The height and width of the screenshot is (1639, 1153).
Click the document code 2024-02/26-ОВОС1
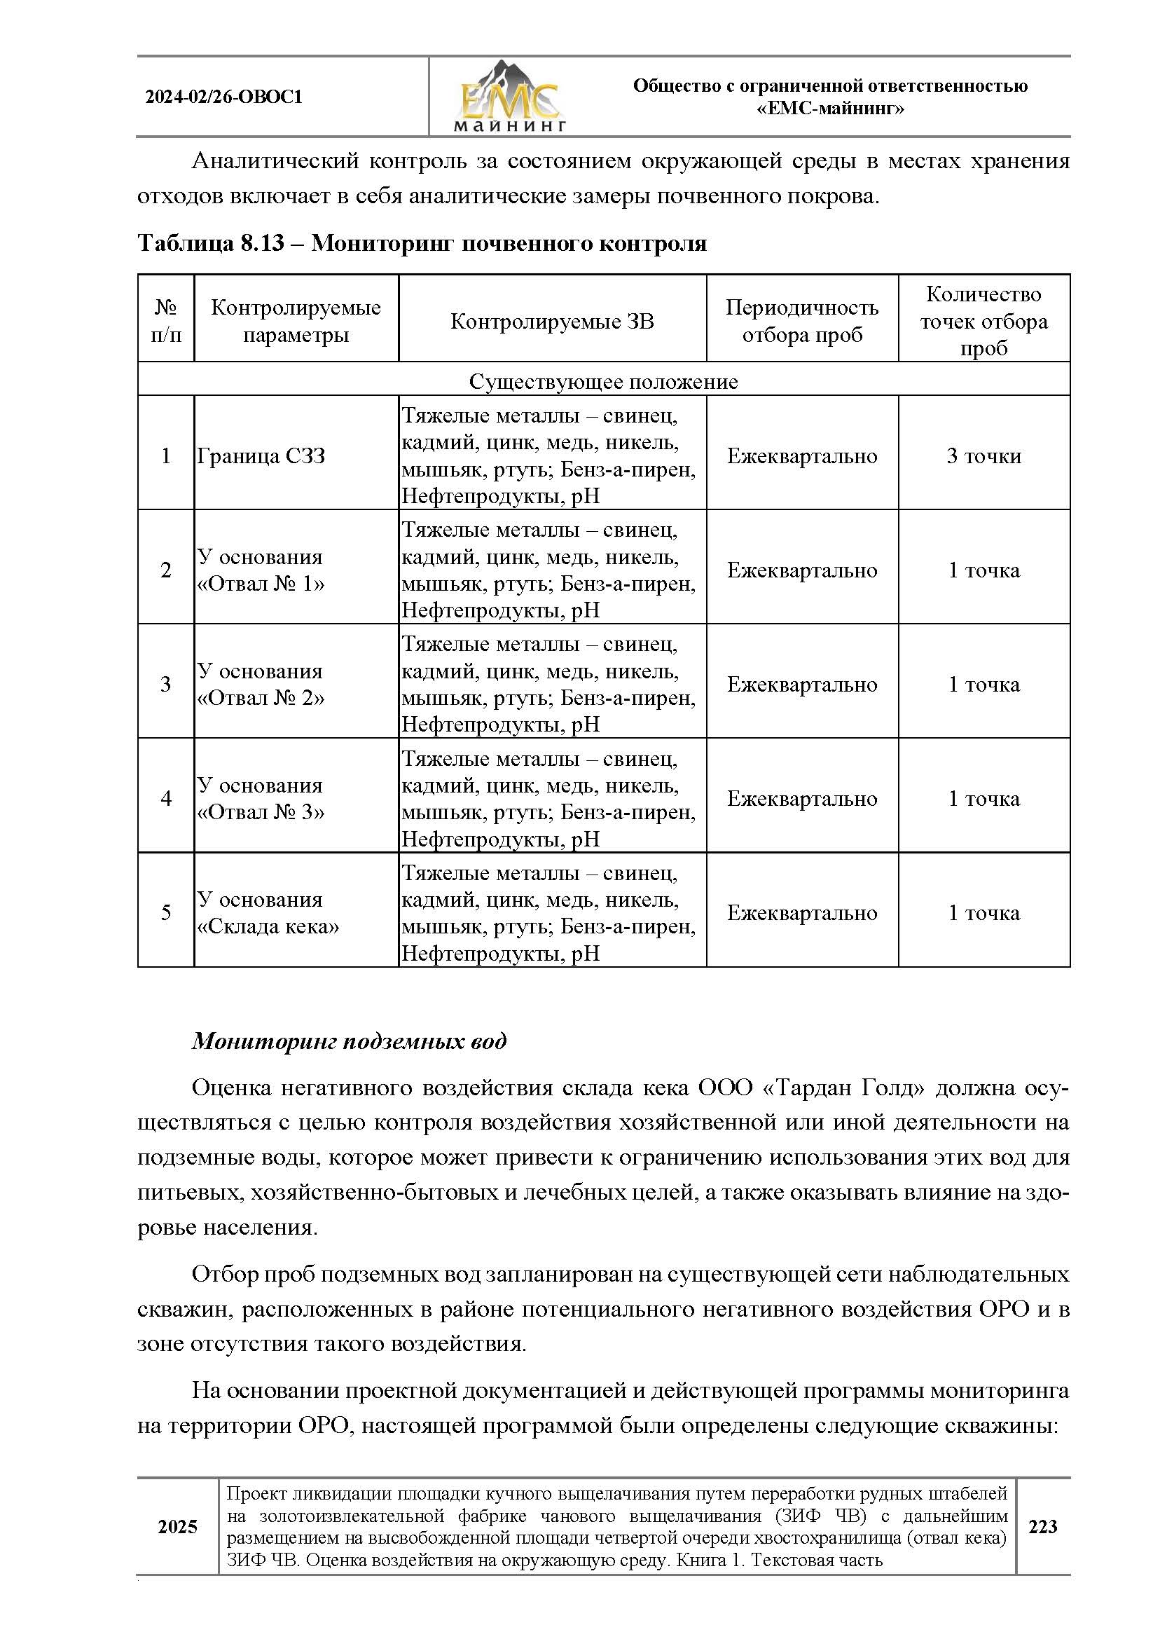click(x=224, y=97)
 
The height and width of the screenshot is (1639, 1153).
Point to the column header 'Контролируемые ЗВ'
click(x=551, y=321)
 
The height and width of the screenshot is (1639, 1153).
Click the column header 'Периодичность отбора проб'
click(x=801, y=321)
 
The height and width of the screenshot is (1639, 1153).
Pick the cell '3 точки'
click(x=983, y=456)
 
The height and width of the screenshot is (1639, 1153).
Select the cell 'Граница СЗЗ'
click(x=261, y=456)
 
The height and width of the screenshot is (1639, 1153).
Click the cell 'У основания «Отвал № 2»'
click(x=261, y=685)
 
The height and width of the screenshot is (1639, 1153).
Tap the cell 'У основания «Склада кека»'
click(x=268, y=913)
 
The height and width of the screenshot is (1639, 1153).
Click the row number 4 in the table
click(x=166, y=798)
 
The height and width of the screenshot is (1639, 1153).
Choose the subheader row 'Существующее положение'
click(x=603, y=382)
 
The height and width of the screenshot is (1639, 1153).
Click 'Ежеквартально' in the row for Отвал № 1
click(x=801, y=570)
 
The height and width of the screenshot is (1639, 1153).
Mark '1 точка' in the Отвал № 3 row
click(x=983, y=799)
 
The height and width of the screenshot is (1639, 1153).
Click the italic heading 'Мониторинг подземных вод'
click(x=349, y=1041)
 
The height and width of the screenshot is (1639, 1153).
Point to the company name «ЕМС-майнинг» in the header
click(x=830, y=109)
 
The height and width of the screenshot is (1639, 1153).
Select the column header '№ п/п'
click(x=166, y=321)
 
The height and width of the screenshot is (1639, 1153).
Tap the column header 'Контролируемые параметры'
click(x=296, y=321)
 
